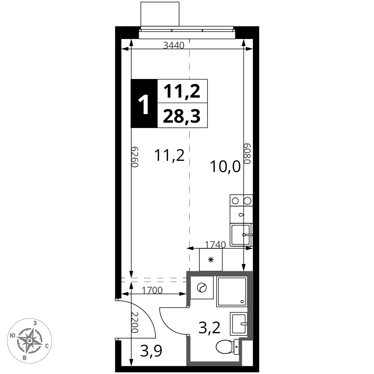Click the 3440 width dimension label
tap(174, 45)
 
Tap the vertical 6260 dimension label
tap(135, 157)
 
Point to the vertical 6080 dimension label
tap(247, 154)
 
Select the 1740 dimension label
tap(215, 245)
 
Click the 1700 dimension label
tap(152, 290)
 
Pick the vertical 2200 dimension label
tap(135, 322)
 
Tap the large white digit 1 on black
tap(144, 104)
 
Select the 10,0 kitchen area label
tap(225, 166)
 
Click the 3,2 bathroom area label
tap(209, 328)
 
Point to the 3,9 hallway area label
tap(151, 351)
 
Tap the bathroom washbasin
tap(239, 324)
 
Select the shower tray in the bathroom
tap(232, 291)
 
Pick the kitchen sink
tap(240, 235)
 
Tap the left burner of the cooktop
tap(235, 201)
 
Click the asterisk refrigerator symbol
tap(211, 260)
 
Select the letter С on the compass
tap(47, 346)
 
